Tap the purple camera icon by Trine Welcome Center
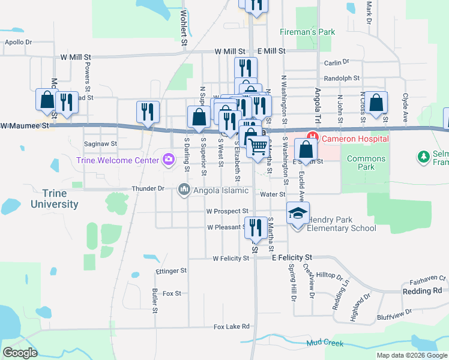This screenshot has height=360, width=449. pyautogui.click(x=169, y=160)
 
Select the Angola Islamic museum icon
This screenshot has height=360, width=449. pyautogui.click(x=184, y=191)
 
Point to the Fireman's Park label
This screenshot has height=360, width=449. pyautogui.click(x=307, y=31)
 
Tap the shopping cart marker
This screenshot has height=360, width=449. pyautogui.click(x=258, y=146)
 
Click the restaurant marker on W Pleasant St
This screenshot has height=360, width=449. pyautogui.click(x=255, y=227)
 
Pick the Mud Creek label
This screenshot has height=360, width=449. pyautogui.click(x=326, y=343)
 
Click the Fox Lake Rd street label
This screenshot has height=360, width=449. pyautogui.click(x=231, y=327)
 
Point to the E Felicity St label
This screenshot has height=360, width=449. pyautogui.click(x=292, y=257)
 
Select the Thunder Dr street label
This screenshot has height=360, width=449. pyautogui.click(x=148, y=188)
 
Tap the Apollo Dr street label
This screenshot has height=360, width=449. pyautogui.click(x=17, y=42)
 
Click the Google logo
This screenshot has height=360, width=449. pyautogui.click(x=20, y=352)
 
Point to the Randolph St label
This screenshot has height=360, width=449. pyautogui.click(x=341, y=78)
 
